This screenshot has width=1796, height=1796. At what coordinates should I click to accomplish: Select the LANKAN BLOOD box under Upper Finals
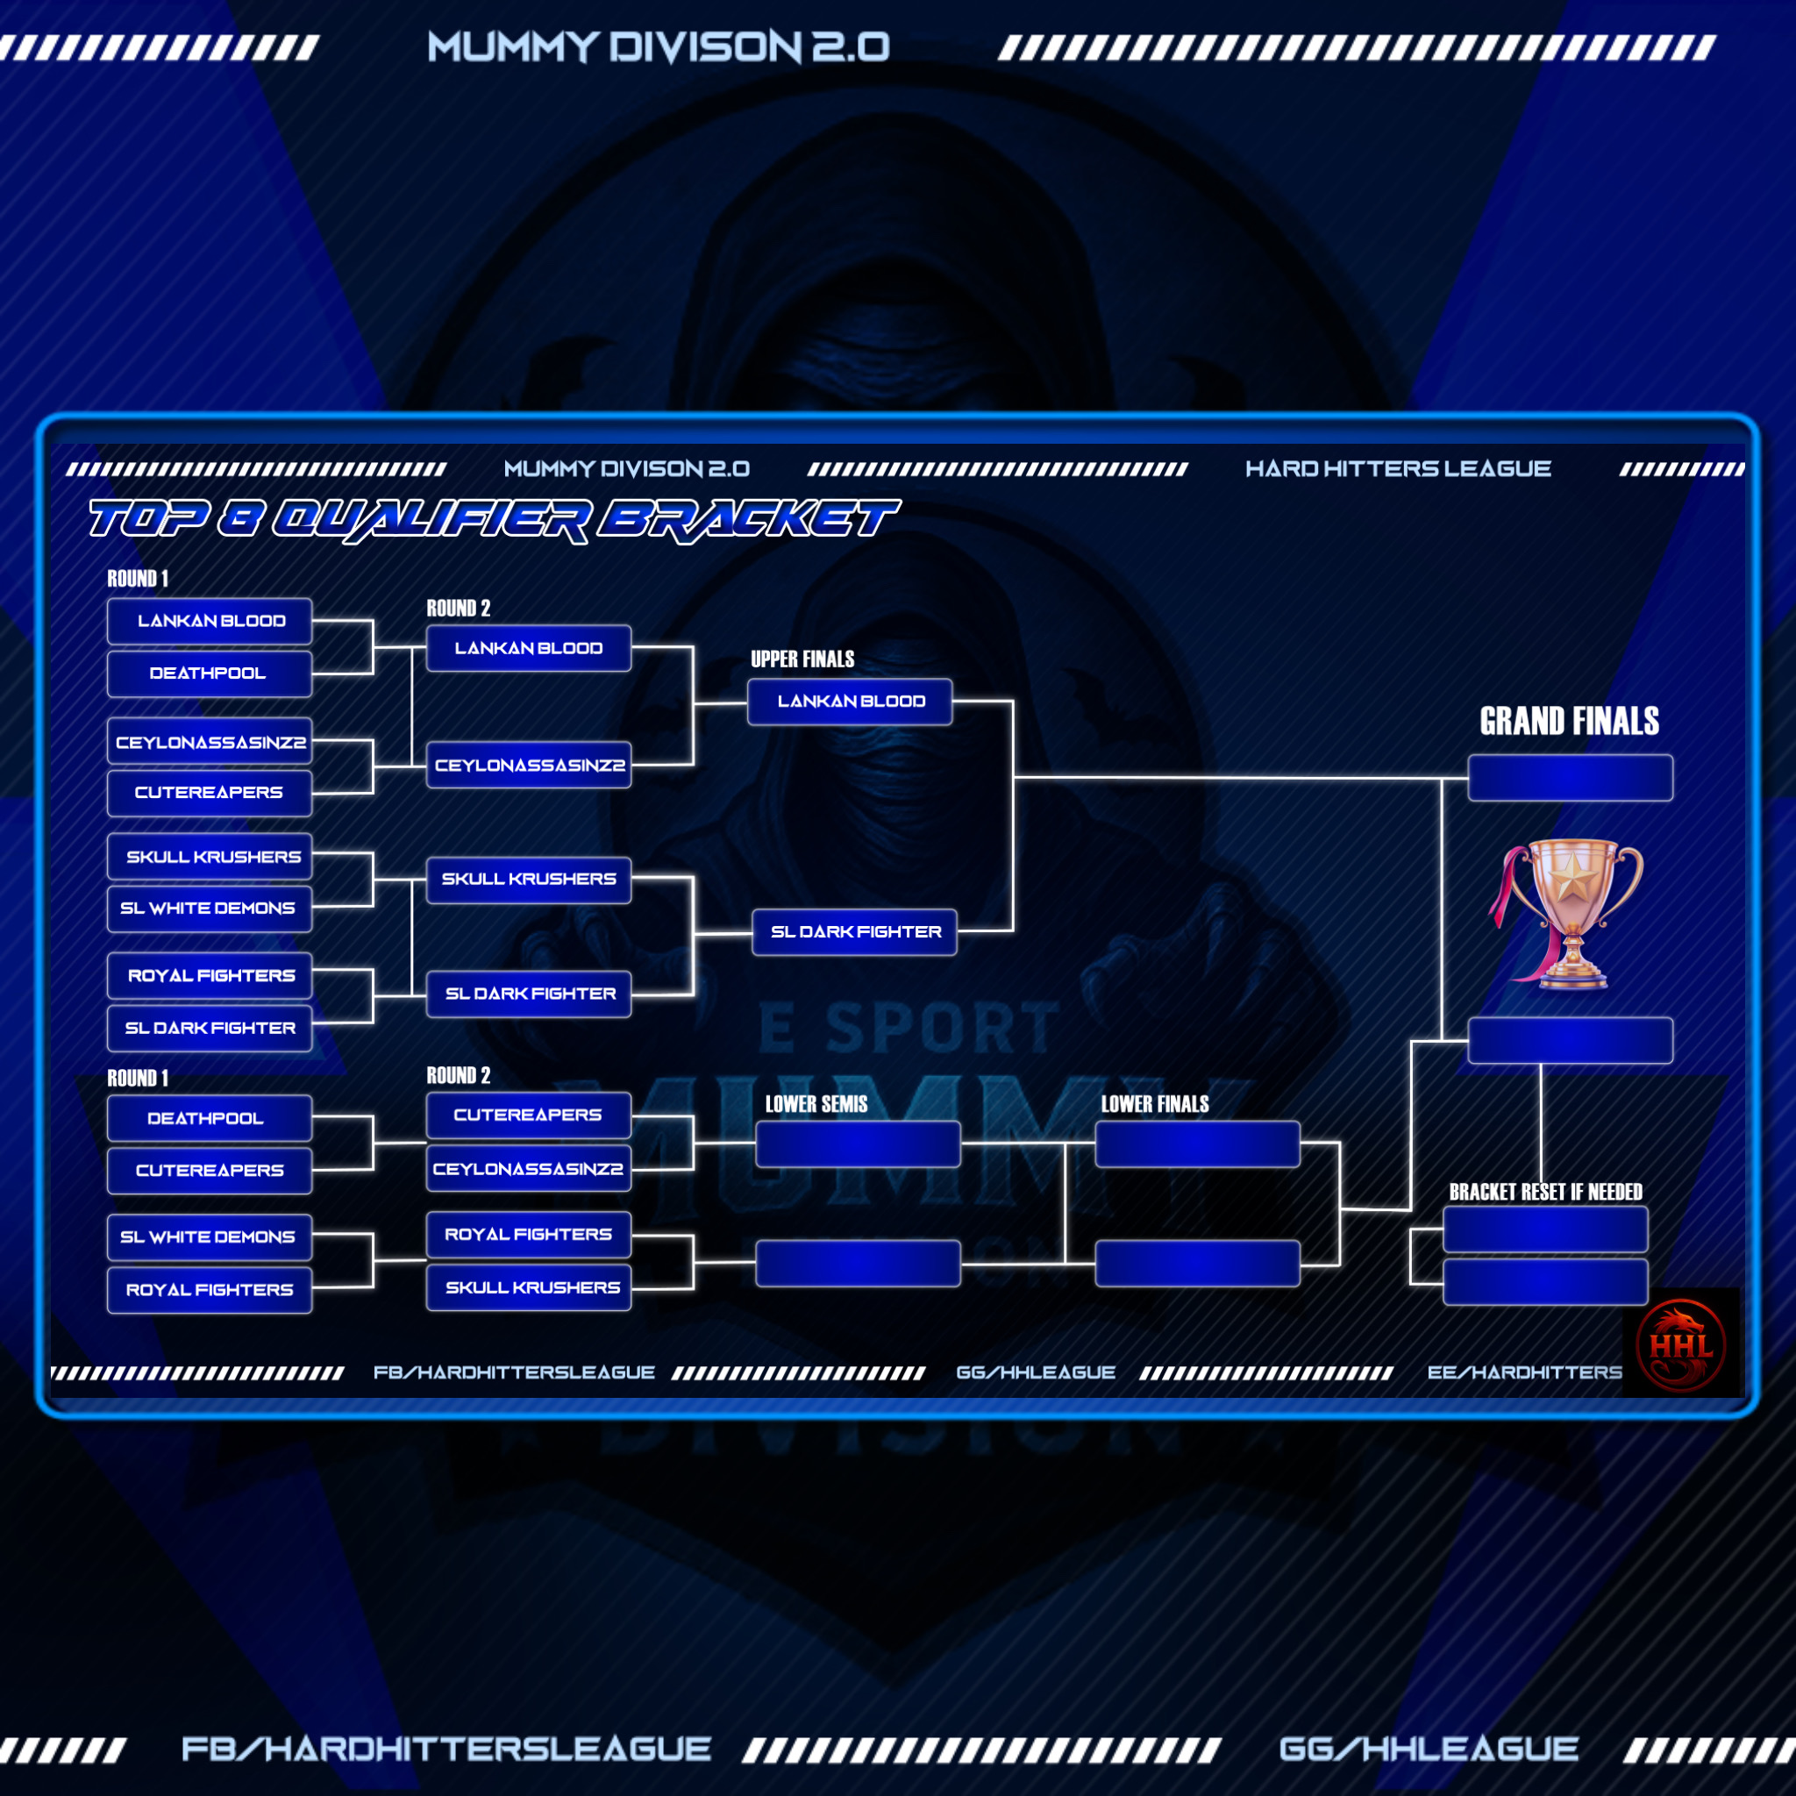[x=850, y=702]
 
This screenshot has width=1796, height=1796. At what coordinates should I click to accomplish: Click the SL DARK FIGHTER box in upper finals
[x=854, y=931]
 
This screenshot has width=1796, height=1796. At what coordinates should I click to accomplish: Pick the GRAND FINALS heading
[x=1569, y=722]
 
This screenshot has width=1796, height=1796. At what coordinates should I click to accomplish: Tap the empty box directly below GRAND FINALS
[x=1570, y=778]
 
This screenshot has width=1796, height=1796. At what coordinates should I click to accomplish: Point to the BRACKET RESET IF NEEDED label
[x=1545, y=1192]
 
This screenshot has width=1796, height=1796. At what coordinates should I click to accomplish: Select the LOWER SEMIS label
[x=816, y=1104]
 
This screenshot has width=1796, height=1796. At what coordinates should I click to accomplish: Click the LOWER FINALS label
[x=1155, y=1104]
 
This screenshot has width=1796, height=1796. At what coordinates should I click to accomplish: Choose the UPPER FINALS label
[x=802, y=659]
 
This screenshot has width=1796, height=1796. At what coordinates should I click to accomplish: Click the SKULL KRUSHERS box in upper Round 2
[x=528, y=880]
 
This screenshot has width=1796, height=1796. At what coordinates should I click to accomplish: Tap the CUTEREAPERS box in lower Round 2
[x=528, y=1115]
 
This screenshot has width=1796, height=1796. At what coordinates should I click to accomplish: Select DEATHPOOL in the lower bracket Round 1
[x=208, y=1118]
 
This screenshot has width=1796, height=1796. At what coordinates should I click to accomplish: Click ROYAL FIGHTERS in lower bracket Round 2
[x=528, y=1235]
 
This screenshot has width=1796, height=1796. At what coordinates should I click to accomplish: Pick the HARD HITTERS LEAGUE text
[x=1397, y=468]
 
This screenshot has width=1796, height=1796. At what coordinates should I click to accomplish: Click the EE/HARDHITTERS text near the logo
[x=1523, y=1372]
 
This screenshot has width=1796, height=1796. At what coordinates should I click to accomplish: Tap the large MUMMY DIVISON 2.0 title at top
[x=659, y=46]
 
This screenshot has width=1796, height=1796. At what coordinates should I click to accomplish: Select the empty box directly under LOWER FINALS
[x=1197, y=1144]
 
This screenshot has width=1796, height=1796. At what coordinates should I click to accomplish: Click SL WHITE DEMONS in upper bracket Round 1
[x=208, y=909]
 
